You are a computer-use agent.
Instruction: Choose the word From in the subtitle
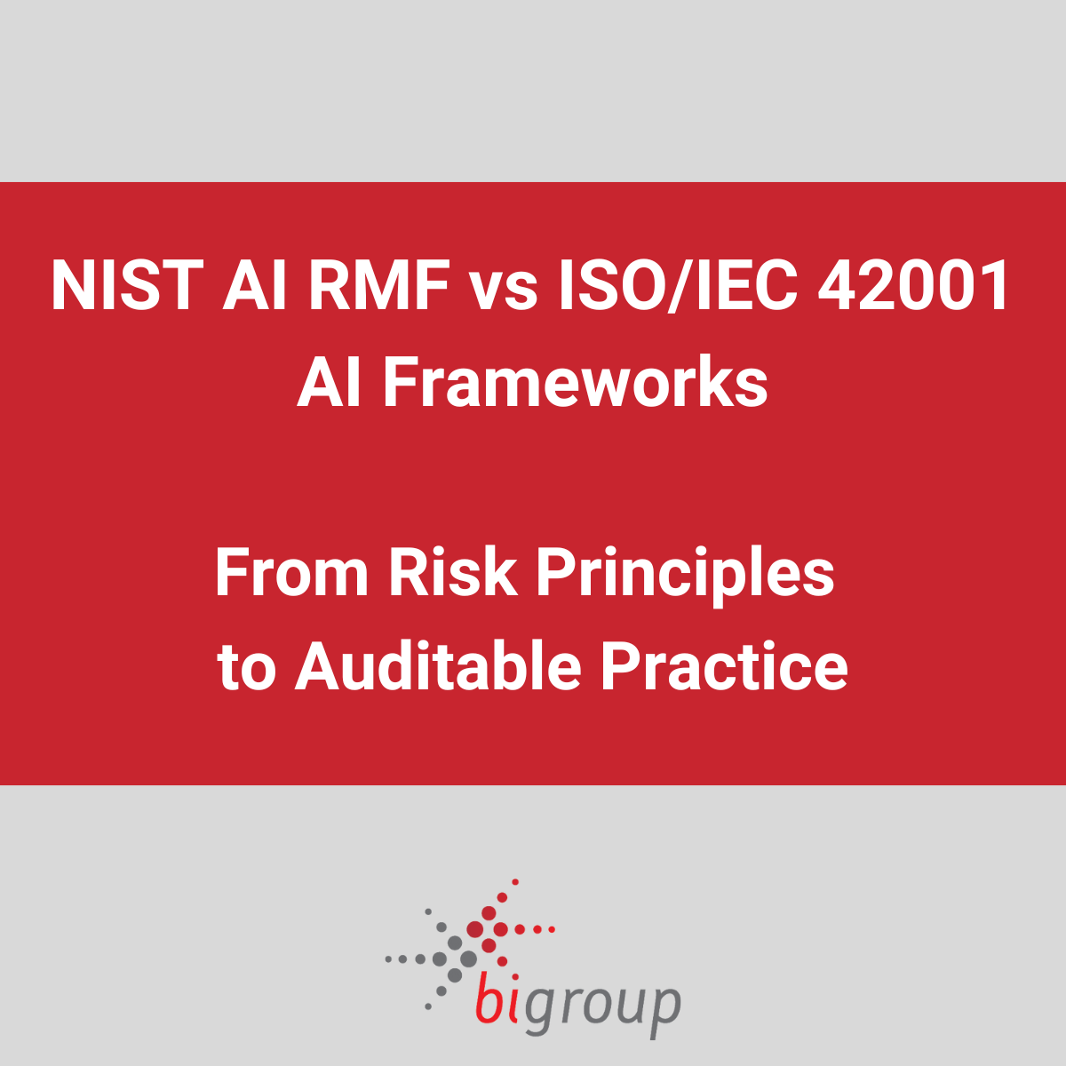(x=291, y=573)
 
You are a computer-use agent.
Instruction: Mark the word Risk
(x=453, y=573)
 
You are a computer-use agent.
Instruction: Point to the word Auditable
(x=438, y=667)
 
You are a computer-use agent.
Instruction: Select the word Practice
(x=724, y=667)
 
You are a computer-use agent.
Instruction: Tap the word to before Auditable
(x=245, y=669)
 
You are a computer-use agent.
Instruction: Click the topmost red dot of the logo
(x=515, y=882)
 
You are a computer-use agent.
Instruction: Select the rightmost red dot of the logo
(x=552, y=929)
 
